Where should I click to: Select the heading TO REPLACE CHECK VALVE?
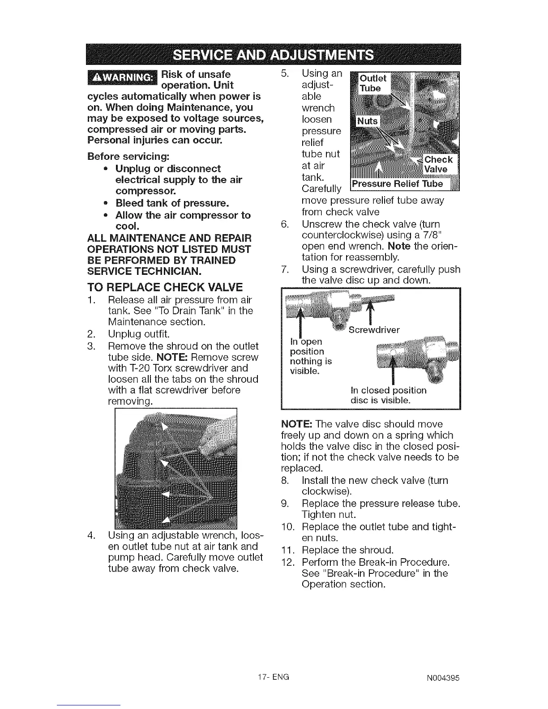pyautogui.click(x=165, y=286)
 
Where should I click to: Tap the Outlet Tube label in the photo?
pyautogui.click(x=372, y=83)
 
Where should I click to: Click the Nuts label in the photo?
pyautogui.click(x=367, y=121)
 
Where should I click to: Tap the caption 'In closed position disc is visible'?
pyautogui.click(x=388, y=395)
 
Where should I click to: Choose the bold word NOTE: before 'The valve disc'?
pyautogui.click(x=295, y=423)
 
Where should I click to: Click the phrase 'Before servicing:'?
pyautogui.click(x=128, y=157)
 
